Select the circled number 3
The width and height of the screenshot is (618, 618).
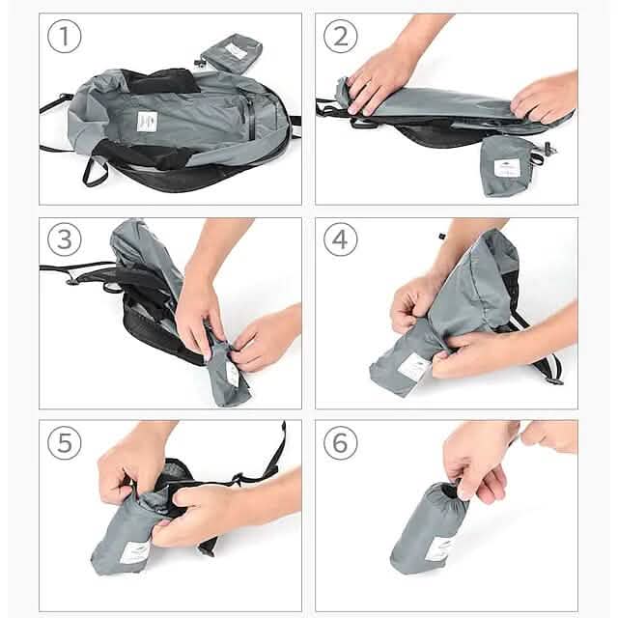click(64, 239)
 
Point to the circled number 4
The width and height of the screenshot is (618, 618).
click(340, 239)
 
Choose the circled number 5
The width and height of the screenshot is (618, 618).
click(64, 442)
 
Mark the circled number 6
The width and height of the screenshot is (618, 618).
click(340, 442)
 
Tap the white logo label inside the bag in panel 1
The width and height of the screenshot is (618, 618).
click(147, 122)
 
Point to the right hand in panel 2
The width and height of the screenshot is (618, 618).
click(546, 97)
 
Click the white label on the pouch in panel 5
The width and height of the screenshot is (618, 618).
click(133, 552)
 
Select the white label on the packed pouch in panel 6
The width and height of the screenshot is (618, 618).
click(439, 548)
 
